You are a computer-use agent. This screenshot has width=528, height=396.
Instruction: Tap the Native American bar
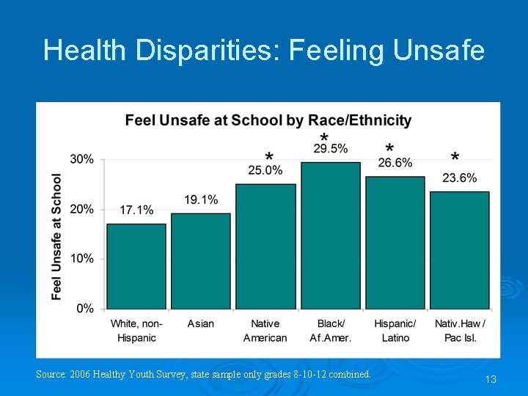coord(265,246)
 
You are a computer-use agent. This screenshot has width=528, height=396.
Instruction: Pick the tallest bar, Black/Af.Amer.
coord(331,235)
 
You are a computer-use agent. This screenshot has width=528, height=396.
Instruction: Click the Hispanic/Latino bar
coord(395,243)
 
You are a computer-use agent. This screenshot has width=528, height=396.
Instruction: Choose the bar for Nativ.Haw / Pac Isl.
coord(460,250)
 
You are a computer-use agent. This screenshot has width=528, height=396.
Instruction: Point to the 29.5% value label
coord(331,149)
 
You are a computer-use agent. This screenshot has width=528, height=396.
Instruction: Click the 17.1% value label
coord(136,210)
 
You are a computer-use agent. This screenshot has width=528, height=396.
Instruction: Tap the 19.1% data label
coord(201,199)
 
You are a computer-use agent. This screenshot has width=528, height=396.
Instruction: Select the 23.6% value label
coord(460,178)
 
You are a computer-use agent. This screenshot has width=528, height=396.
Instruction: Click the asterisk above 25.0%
coord(269,158)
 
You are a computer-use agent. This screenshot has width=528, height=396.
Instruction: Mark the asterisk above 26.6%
coord(389,148)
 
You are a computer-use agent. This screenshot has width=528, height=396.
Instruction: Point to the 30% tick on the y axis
coord(82,159)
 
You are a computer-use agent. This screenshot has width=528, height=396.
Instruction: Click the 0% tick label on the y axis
coord(85,309)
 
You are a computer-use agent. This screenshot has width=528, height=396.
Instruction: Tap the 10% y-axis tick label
coord(82,259)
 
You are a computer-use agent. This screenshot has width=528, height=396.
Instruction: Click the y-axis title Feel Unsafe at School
coord(57,236)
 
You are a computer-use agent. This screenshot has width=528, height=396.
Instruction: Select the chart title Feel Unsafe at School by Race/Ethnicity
coord(268,120)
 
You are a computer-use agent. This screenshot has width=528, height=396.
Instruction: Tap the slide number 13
coord(491,379)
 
